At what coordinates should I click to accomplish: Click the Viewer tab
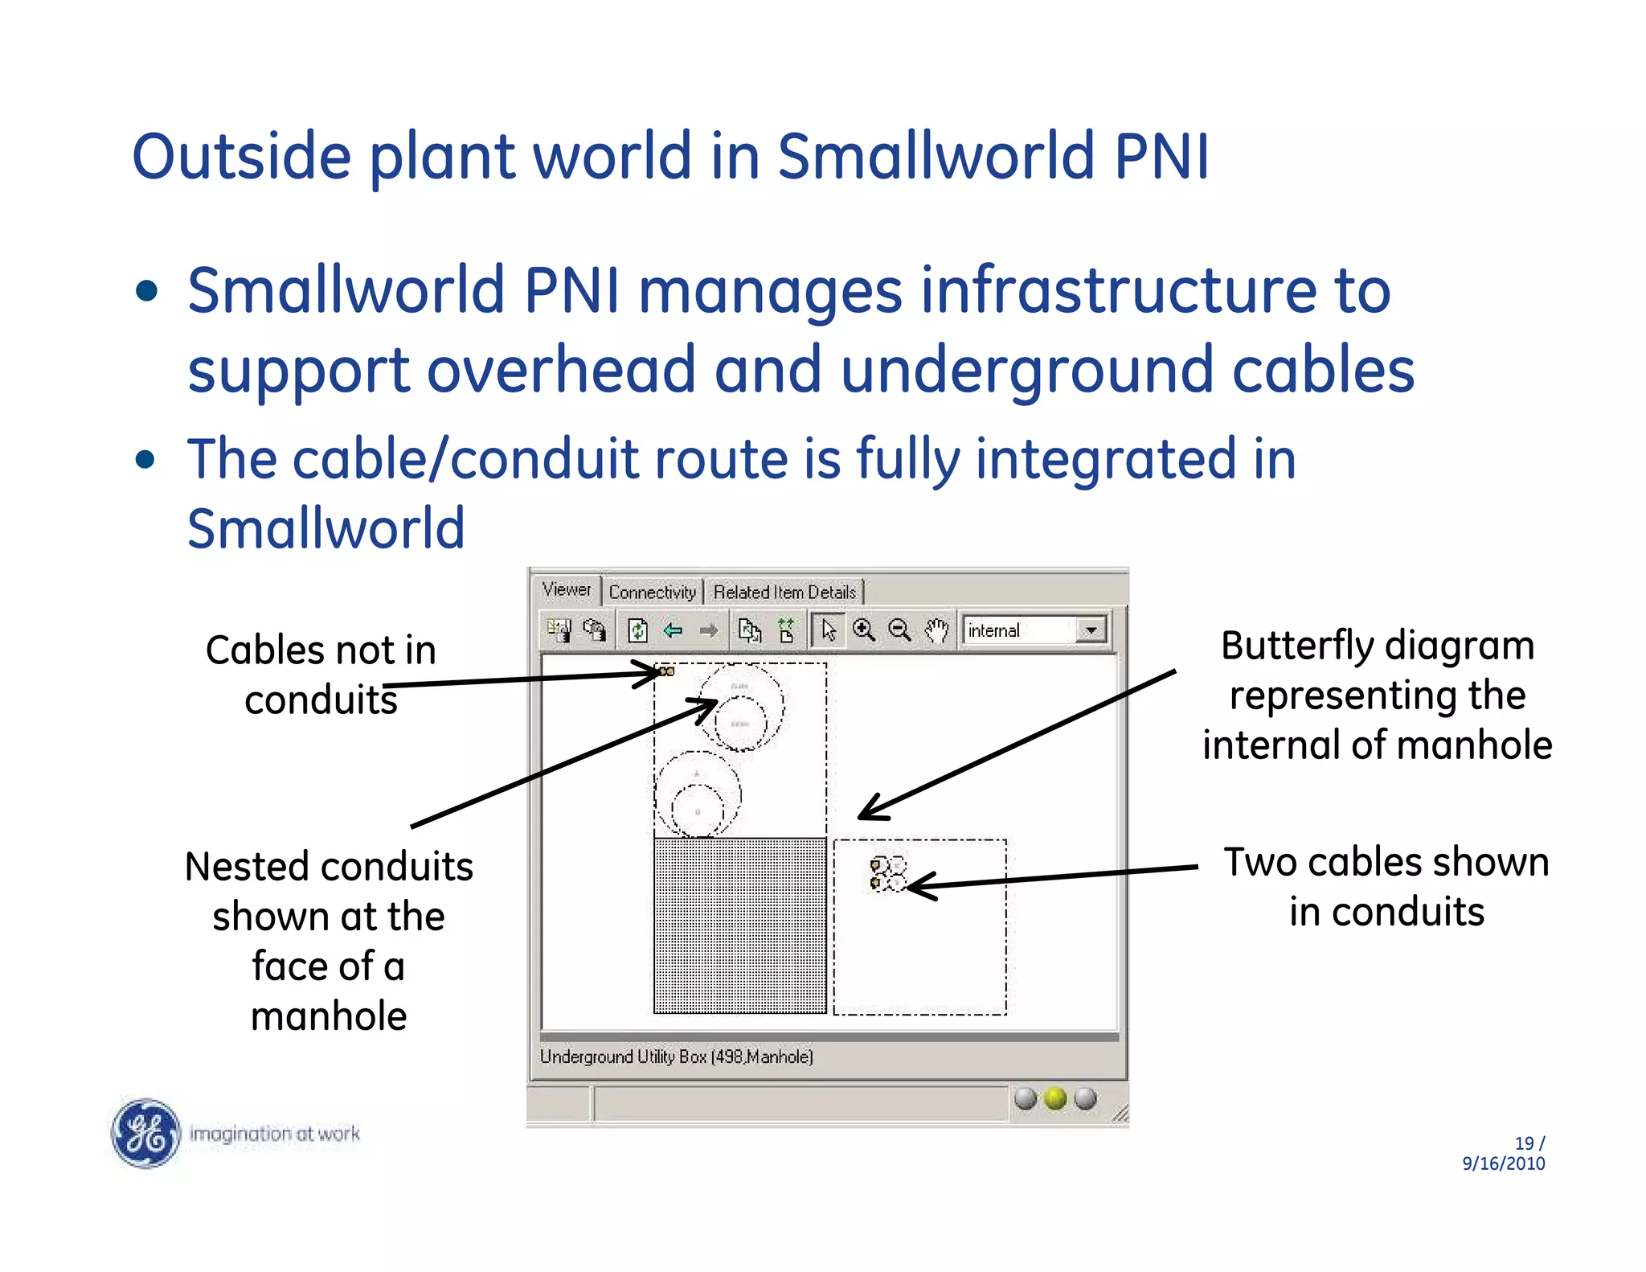[x=567, y=590]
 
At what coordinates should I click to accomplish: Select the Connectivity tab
[x=652, y=593]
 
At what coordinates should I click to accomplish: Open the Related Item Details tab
[x=784, y=593]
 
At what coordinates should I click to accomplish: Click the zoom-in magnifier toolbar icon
[x=864, y=630]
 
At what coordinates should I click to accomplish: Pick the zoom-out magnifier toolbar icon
[x=900, y=630]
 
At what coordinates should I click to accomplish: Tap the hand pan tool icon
[x=936, y=630]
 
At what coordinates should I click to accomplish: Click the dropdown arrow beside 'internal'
[x=1091, y=630]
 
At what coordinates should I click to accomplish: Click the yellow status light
[x=1055, y=1098]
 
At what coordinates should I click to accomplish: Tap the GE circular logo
[x=145, y=1133]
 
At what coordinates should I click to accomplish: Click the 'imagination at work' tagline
[x=274, y=1134]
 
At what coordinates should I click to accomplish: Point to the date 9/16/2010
[x=1503, y=1163]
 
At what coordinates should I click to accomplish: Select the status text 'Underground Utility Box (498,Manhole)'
[x=676, y=1057]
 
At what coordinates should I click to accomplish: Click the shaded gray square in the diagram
[x=739, y=925]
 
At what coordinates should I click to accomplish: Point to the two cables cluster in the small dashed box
[x=887, y=874]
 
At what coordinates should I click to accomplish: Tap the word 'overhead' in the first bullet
[x=560, y=370]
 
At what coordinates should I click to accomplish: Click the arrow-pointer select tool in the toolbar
[x=829, y=630]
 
